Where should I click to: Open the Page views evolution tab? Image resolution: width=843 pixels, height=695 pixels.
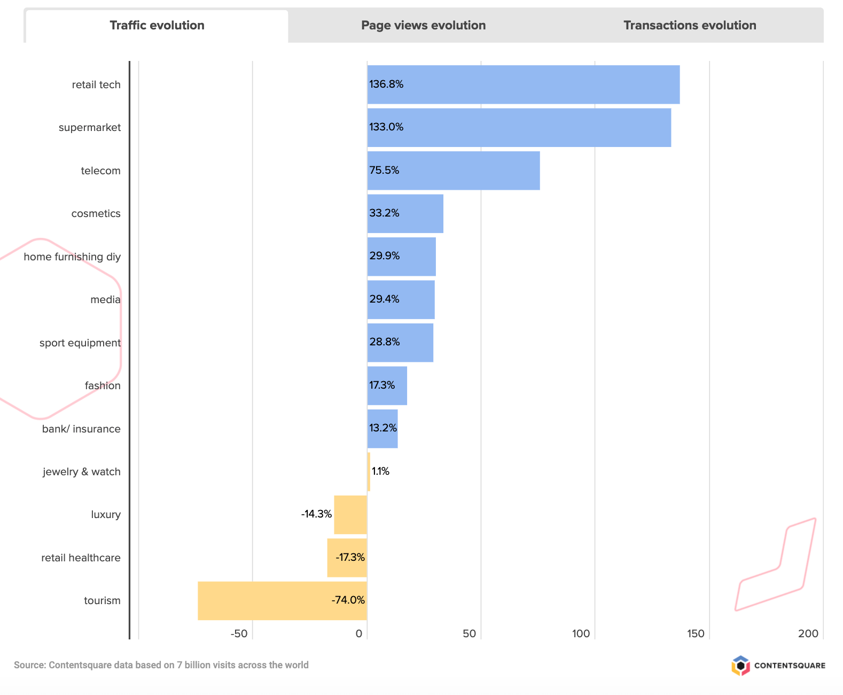(423, 26)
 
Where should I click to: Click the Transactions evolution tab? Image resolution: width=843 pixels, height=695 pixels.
(689, 26)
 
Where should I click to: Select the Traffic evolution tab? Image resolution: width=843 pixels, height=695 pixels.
(157, 26)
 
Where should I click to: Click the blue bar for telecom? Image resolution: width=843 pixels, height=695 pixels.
(453, 171)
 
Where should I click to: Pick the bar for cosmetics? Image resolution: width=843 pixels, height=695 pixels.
(405, 213)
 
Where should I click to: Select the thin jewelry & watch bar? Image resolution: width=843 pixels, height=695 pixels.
(369, 472)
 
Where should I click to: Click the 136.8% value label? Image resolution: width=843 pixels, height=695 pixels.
(386, 84)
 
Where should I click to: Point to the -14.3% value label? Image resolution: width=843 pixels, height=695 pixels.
(316, 514)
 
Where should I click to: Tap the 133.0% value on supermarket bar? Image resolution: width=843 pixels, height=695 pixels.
(386, 127)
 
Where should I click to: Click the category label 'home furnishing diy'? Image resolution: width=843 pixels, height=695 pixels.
(72, 257)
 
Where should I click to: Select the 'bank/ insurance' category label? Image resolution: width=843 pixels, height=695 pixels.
(81, 429)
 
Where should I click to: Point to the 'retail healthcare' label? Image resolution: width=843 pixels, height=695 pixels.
(81, 558)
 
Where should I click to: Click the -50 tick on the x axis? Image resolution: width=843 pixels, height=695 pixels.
(239, 634)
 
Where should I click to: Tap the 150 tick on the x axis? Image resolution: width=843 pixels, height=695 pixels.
(696, 634)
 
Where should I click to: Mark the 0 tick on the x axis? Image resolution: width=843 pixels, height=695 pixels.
(359, 634)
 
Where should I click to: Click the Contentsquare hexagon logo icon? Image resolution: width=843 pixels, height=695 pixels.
(740, 666)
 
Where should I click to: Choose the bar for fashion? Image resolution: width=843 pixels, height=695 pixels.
(387, 385)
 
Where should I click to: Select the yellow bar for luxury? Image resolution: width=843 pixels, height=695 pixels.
(350, 514)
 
